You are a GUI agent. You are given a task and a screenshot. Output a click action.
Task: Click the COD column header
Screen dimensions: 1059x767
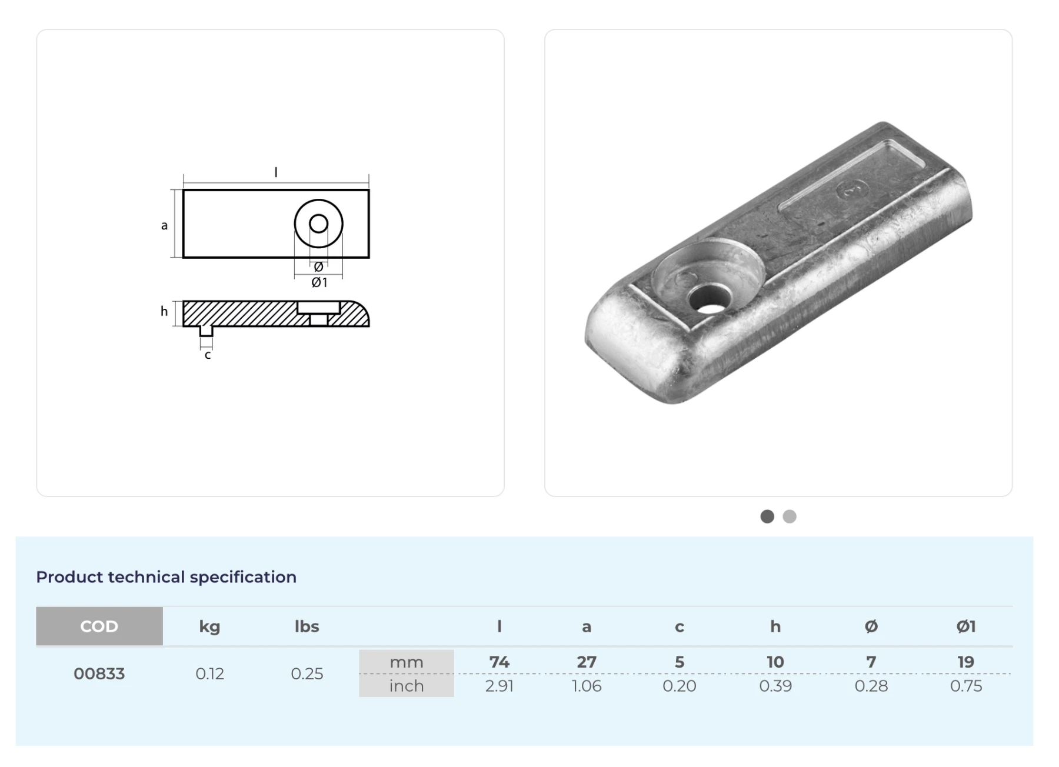[x=99, y=626]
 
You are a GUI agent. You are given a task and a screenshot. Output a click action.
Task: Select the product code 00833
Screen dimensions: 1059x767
[x=99, y=673]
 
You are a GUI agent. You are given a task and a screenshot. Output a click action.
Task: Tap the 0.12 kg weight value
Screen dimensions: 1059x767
[x=209, y=673]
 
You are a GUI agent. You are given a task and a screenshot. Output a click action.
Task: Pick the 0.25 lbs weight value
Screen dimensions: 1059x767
[x=307, y=673]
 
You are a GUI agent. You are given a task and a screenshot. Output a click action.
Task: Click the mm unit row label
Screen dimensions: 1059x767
[x=407, y=662]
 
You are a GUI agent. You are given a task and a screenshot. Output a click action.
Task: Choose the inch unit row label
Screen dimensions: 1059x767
[x=407, y=686]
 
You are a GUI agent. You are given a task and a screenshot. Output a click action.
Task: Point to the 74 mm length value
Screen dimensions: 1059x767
[x=499, y=662]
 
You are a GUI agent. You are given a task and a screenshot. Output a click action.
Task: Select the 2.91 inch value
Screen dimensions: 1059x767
[x=499, y=686]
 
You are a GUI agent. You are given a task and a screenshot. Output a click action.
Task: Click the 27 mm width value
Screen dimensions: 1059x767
[x=587, y=662]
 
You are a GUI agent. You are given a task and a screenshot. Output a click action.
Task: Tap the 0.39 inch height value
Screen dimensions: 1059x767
[x=775, y=686]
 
